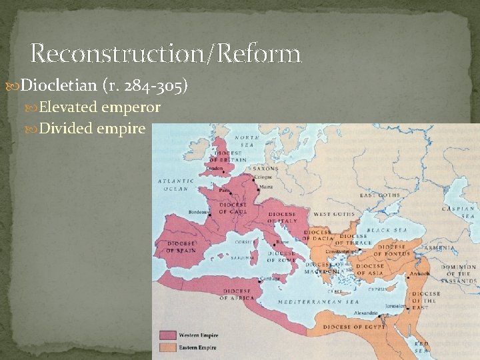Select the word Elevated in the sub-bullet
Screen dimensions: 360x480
pyautogui.click(x=67, y=107)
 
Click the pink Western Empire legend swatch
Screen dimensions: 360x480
pyautogui.click(x=167, y=335)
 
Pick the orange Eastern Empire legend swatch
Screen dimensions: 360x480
pyautogui.click(x=167, y=347)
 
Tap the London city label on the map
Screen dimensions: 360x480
pyautogui.click(x=214, y=169)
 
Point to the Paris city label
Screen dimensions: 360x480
pyautogui.click(x=225, y=190)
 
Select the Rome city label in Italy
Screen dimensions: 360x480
pyautogui.click(x=283, y=242)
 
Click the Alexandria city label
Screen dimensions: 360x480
pyautogui.click(x=365, y=312)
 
